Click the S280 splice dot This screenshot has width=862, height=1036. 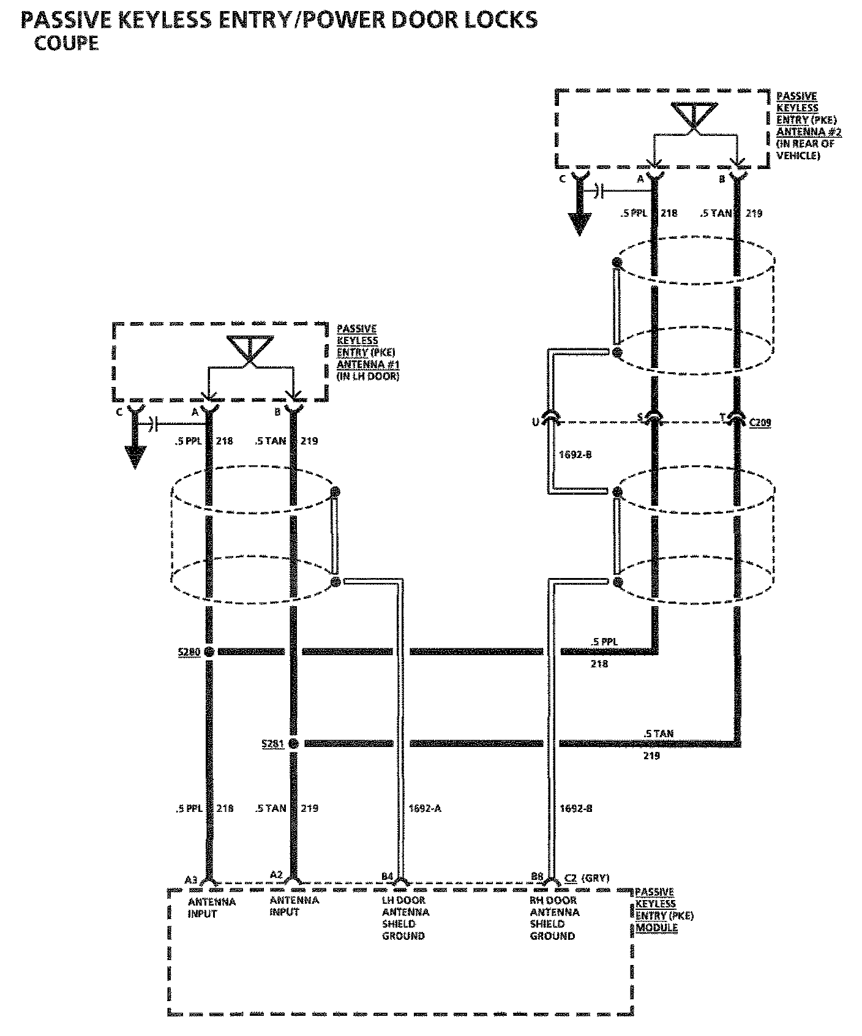(209, 651)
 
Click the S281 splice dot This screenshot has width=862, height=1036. (293, 743)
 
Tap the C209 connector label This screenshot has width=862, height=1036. (760, 422)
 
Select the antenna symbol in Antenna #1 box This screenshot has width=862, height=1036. (249, 350)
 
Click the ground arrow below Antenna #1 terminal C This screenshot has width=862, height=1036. (135, 456)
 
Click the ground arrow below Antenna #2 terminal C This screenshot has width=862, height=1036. (579, 223)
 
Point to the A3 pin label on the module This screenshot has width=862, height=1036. (191, 880)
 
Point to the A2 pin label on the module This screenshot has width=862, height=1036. (276, 874)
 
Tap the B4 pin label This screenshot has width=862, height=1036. (387, 876)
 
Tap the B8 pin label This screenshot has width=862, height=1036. (537, 876)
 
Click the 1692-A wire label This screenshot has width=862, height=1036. (424, 808)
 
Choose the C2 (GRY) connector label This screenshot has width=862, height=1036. (587, 877)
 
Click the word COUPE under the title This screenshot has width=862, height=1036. (66, 43)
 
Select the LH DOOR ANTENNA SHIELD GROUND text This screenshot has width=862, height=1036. (403, 918)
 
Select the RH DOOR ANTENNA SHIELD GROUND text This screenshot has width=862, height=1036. (553, 918)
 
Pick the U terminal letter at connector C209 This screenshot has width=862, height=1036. (535, 421)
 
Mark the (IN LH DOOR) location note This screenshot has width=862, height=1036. (367, 376)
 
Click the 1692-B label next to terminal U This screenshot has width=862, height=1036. (575, 455)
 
